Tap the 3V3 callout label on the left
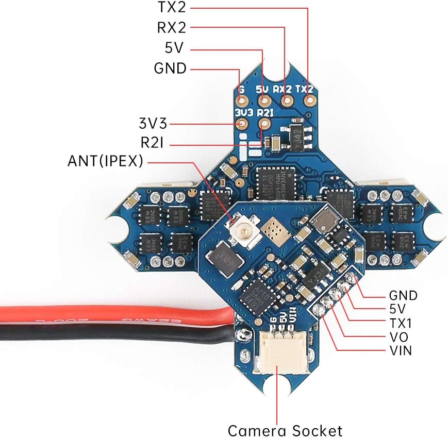(x=153, y=123)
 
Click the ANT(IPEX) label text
(x=105, y=161)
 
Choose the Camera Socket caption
(x=285, y=430)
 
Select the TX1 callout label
(x=401, y=324)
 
